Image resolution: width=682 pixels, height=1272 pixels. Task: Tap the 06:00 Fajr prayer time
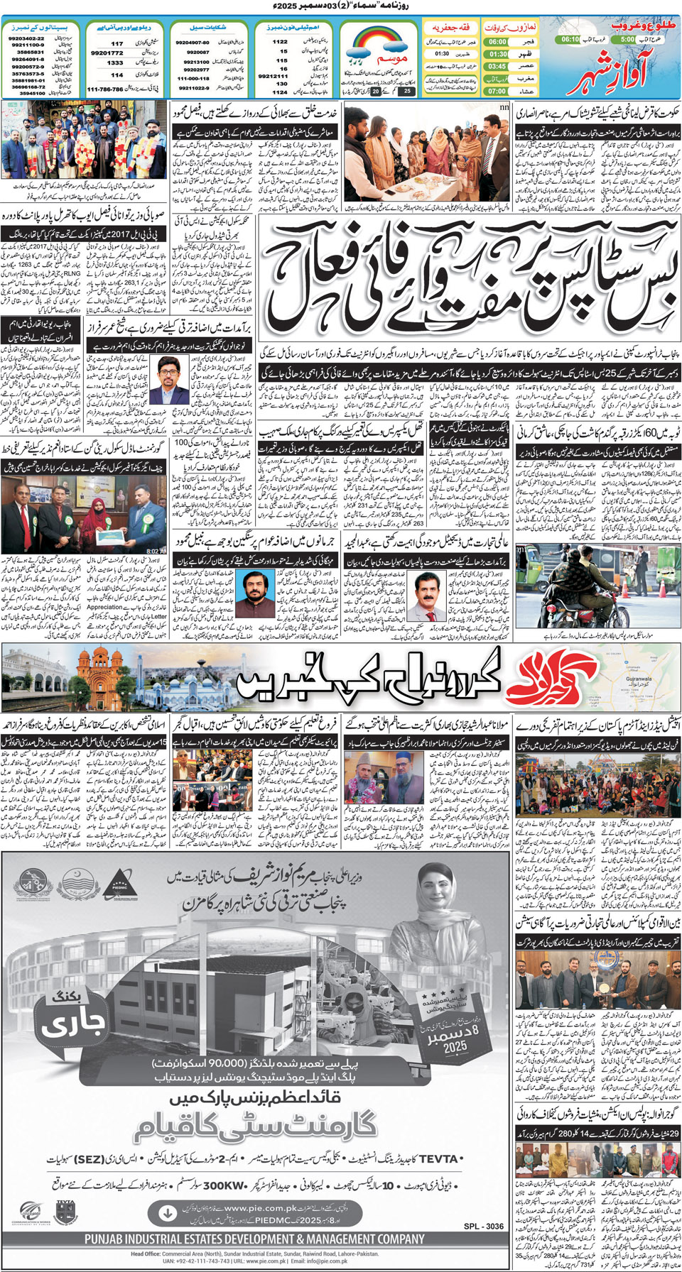coord(497,42)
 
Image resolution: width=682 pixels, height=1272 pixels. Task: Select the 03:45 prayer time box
coord(497,66)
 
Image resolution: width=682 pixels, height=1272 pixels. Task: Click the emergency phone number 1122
coord(281,42)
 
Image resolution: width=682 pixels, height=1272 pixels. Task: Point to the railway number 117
coord(117,43)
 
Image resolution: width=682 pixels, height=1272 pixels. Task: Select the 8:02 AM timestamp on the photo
coord(156,551)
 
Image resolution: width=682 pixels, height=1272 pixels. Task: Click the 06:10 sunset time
coord(570,40)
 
